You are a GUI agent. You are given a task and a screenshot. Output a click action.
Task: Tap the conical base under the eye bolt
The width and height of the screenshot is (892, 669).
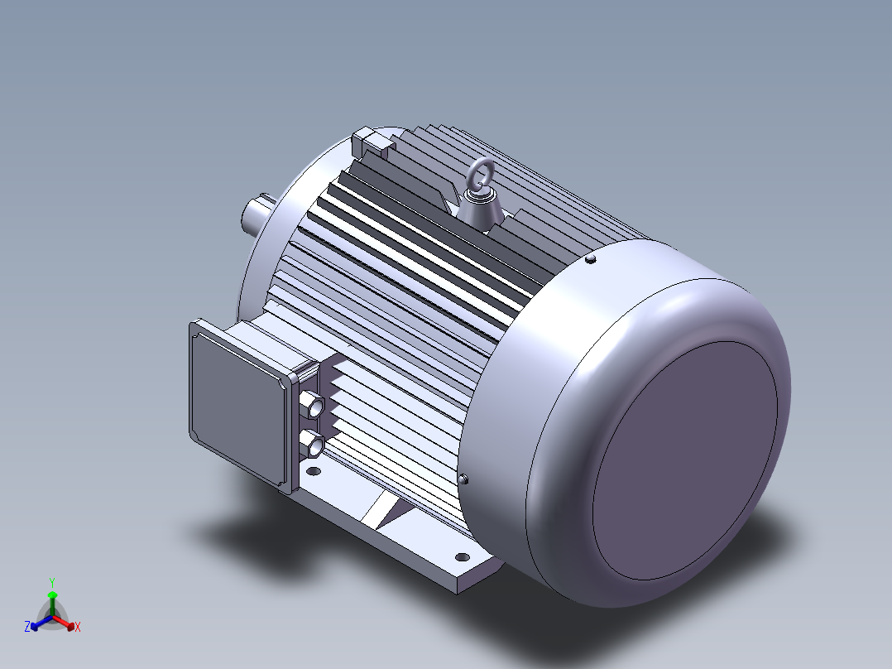(482, 209)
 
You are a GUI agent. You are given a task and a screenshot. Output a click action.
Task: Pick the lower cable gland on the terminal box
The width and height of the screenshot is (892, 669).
(312, 443)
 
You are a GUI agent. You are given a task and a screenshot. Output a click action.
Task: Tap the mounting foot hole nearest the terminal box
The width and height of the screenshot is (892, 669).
(314, 471)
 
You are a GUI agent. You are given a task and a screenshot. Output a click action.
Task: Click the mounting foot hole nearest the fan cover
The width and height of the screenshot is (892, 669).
(463, 557)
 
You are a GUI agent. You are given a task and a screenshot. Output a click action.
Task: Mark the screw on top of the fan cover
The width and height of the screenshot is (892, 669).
(591, 259)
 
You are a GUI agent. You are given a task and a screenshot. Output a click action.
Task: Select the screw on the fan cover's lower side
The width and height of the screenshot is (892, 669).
(463, 479)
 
